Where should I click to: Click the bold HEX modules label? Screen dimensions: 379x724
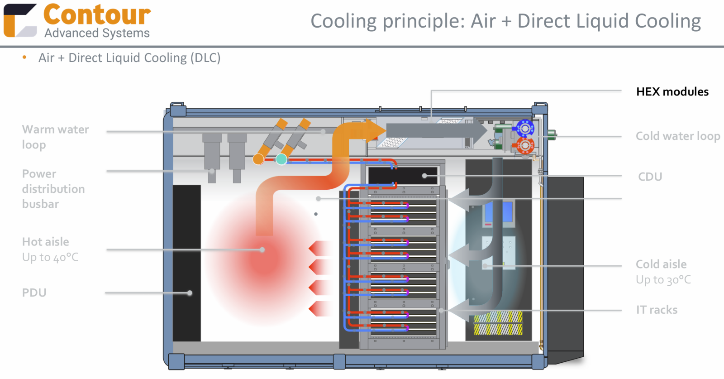pos(672,92)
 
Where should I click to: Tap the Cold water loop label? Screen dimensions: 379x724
pos(677,136)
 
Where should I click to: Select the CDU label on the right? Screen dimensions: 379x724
pos(650,177)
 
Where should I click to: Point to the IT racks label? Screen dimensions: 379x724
pos(657,310)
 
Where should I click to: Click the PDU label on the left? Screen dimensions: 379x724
pos(34,293)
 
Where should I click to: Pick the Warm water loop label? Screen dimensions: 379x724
pos(55,137)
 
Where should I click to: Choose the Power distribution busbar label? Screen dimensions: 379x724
pos(53,189)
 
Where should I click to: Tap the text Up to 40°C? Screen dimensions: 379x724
pos(50,258)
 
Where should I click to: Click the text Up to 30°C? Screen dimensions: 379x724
pos(663,280)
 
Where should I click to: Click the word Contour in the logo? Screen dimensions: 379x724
pos(97,15)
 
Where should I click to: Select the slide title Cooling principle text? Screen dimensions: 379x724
pos(505,21)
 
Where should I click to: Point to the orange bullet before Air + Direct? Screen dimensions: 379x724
pos(24,58)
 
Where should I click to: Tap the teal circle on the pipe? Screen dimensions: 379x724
pos(281,159)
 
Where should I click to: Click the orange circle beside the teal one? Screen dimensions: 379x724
pos(258,159)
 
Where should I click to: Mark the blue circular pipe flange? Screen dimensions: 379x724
pos(525,129)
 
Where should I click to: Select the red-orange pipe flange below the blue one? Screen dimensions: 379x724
pos(525,146)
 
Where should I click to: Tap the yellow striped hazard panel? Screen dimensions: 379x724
pos(498,323)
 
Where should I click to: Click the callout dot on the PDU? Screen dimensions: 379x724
pos(190,293)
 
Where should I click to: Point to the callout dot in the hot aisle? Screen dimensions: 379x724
pos(262,249)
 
